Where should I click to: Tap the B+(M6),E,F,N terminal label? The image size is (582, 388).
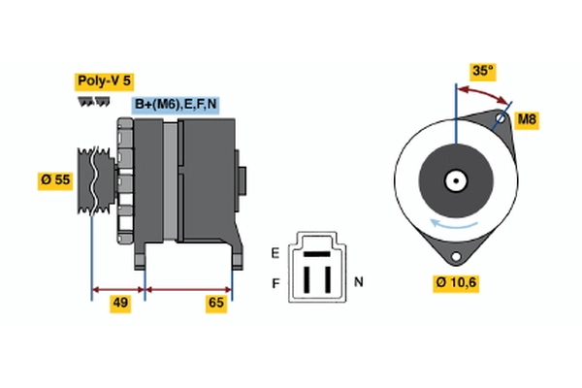(x=176, y=105)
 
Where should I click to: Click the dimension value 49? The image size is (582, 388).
(x=119, y=304)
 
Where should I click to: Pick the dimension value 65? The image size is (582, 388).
(x=216, y=304)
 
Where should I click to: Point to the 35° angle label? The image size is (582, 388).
(x=482, y=71)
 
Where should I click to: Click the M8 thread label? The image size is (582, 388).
(x=527, y=120)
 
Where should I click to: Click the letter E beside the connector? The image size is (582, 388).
(x=275, y=253)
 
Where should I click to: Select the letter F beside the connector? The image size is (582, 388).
(x=275, y=283)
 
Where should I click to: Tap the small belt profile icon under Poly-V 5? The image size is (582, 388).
(x=93, y=101)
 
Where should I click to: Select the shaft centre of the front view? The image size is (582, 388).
(x=454, y=180)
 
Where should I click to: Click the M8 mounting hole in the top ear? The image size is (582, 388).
(x=501, y=121)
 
